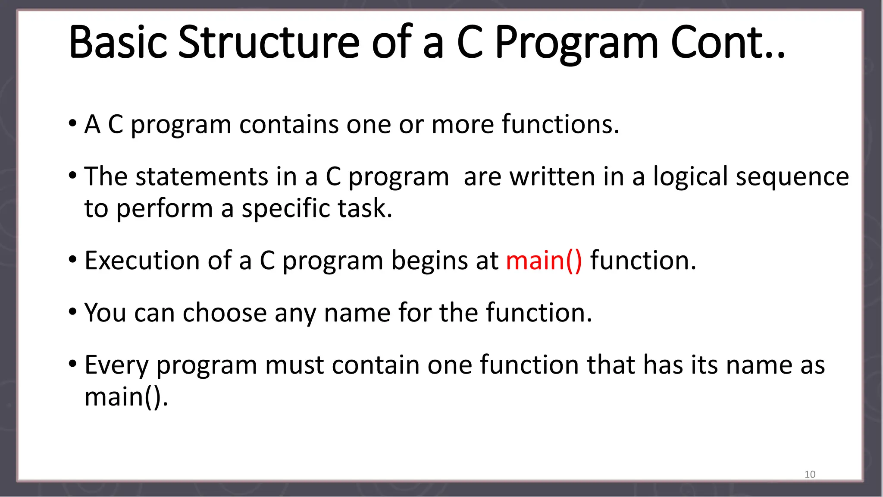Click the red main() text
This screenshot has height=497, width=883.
(x=544, y=261)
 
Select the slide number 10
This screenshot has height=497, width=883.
(x=810, y=474)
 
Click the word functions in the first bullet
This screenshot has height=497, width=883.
(x=560, y=125)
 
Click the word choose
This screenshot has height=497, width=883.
(x=225, y=313)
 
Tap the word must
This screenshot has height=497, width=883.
(x=294, y=365)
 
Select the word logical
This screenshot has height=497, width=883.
(x=690, y=177)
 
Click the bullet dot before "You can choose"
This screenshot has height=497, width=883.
(x=72, y=311)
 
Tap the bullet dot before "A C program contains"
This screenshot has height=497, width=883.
(x=72, y=124)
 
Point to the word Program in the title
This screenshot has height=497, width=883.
(x=576, y=43)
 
